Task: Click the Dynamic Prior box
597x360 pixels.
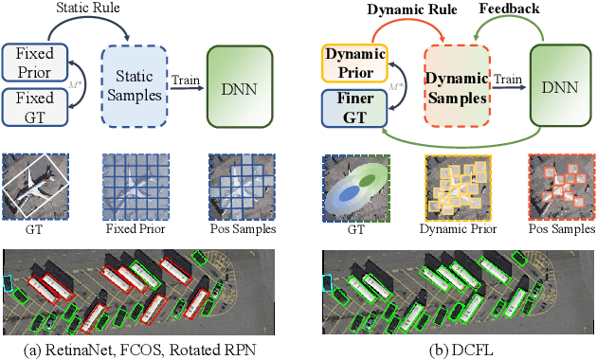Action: click(x=350, y=62)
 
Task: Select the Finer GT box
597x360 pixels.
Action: click(x=350, y=105)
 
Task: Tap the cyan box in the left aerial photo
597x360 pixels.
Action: click(x=9, y=284)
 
